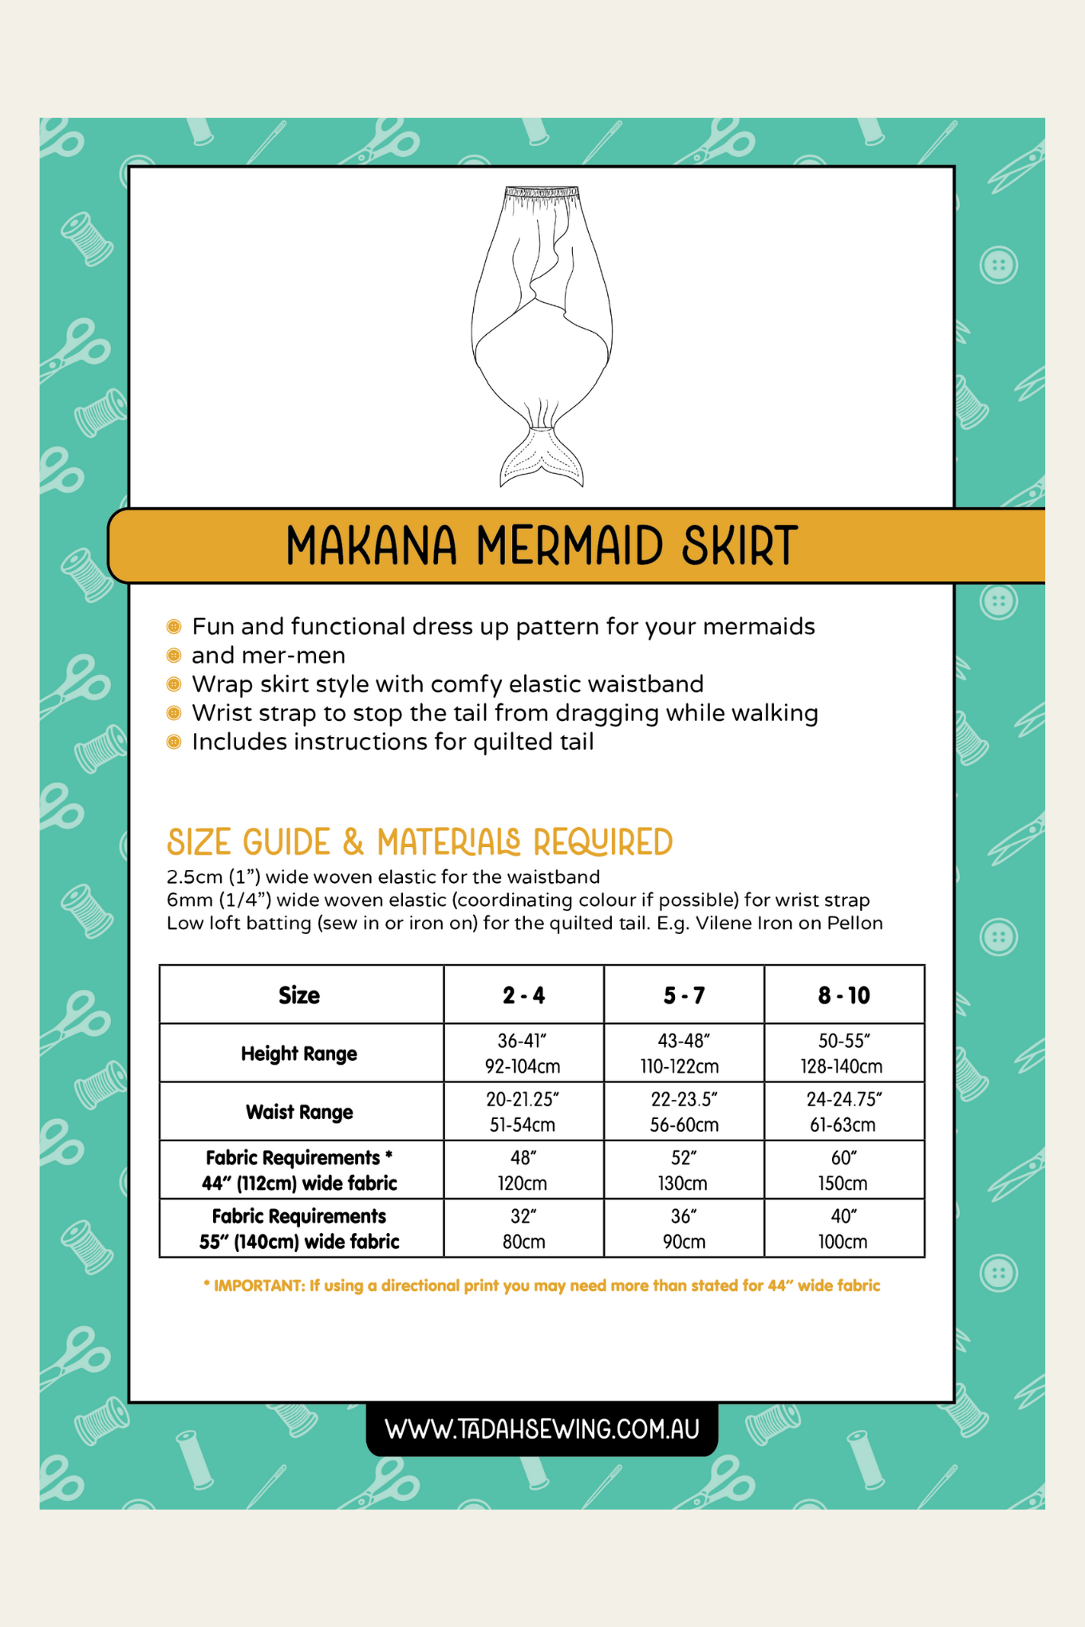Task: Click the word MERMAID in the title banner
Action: pyautogui.click(x=569, y=546)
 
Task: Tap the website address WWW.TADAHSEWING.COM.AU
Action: pyautogui.click(x=542, y=1428)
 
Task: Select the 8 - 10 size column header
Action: pyautogui.click(x=843, y=995)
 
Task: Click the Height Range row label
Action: pyautogui.click(x=299, y=1054)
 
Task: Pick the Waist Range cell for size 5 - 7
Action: pyautogui.click(x=684, y=1112)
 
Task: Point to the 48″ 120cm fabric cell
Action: pyautogui.click(x=523, y=1170)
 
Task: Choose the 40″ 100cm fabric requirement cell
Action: pyautogui.click(x=843, y=1228)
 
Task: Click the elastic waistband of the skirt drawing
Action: pyautogui.click(x=542, y=194)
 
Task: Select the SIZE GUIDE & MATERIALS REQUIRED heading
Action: pyautogui.click(x=420, y=843)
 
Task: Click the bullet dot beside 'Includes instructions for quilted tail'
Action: pyautogui.click(x=174, y=743)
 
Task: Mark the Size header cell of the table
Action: pyautogui.click(x=299, y=995)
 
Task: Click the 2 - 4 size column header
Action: pyautogui.click(x=523, y=995)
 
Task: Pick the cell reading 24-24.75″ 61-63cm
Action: pyautogui.click(x=843, y=1112)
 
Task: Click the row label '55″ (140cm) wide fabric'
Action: pyautogui.click(x=299, y=1241)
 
